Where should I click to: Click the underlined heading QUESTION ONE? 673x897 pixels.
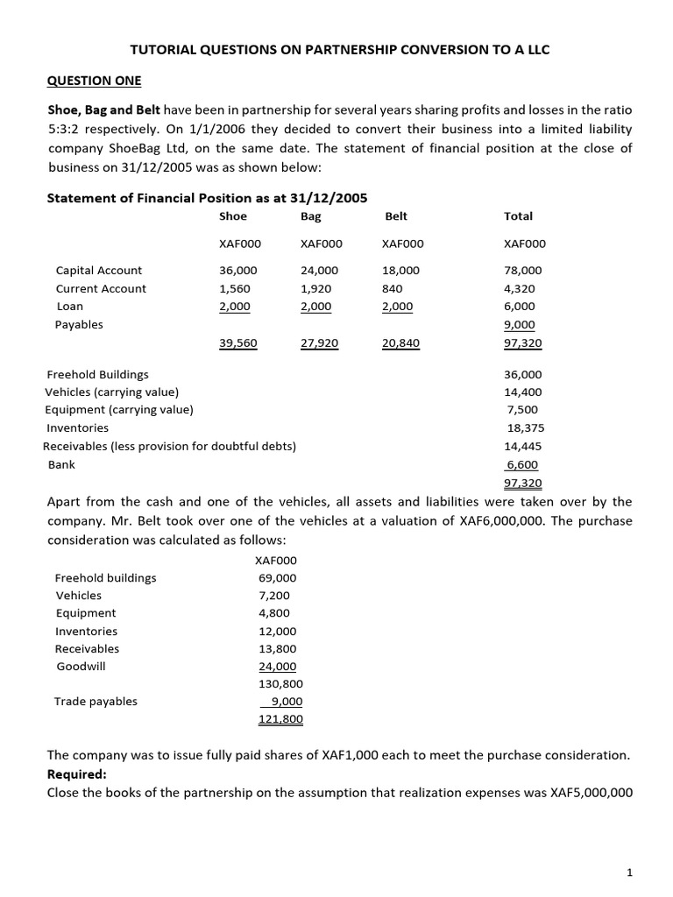coord(93,81)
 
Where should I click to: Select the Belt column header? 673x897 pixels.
coord(396,215)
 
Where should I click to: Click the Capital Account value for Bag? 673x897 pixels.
coord(319,271)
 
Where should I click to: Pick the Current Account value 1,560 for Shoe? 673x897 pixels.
coord(234,288)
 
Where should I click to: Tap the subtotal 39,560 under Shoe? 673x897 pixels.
coord(237,343)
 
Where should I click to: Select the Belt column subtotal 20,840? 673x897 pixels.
coord(401,343)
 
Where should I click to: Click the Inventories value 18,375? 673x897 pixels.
coord(525,427)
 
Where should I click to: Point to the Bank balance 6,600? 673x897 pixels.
coord(523,464)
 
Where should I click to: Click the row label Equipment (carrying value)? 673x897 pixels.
coord(119,409)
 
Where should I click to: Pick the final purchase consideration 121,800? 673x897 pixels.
coord(280,719)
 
